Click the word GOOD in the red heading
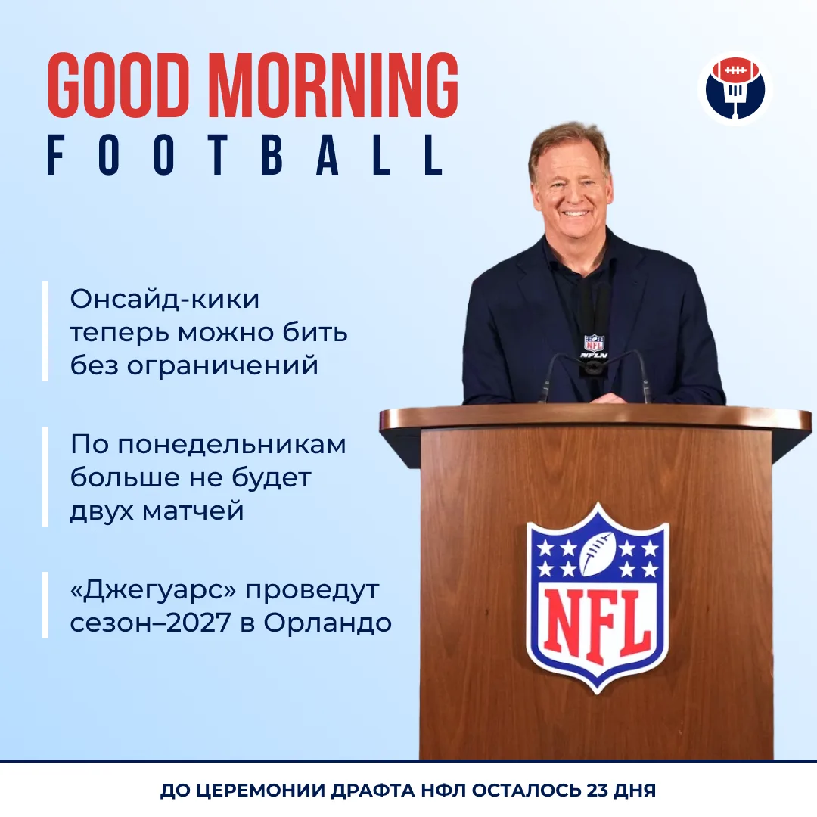pos(118,85)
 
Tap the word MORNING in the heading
pos(333,85)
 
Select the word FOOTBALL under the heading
pos(245,155)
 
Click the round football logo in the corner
pos(735,89)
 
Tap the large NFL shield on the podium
pos(597,598)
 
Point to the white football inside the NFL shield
pos(598,553)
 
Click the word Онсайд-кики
pos(165,299)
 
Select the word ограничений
pos(222,366)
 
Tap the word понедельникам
pos(231,445)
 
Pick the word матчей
pos(193,511)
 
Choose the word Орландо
pos(328,623)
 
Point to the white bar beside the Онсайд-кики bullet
pos(45,331)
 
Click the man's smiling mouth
pos(575,213)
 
